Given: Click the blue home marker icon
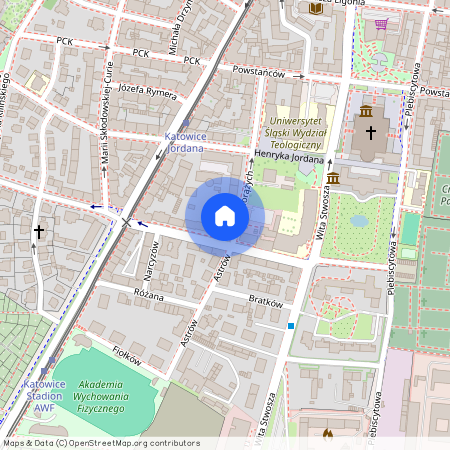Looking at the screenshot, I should click(x=225, y=216).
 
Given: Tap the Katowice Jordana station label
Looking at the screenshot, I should click(x=184, y=141).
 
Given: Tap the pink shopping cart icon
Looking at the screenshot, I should click(x=381, y=23).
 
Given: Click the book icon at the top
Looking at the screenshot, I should click(x=316, y=9).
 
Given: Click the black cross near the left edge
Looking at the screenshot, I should click(x=39, y=231).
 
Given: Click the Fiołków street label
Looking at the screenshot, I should click(x=126, y=352).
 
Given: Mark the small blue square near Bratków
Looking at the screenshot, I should click(x=291, y=325).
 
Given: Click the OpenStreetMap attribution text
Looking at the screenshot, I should click(x=100, y=443).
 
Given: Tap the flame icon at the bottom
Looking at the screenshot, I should click(x=327, y=434).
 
